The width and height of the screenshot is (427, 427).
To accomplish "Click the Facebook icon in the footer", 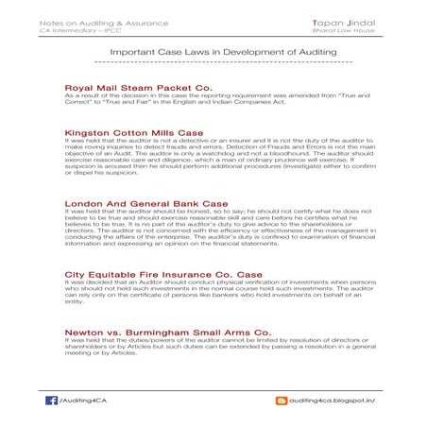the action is click(51, 401).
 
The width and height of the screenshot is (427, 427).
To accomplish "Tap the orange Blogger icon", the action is click(280, 401).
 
